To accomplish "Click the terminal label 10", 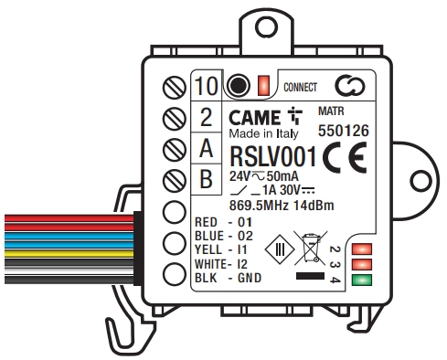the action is [x=207, y=86].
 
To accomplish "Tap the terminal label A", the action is [x=207, y=148].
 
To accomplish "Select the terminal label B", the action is [x=207, y=179].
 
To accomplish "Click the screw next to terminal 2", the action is [x=175, y=118].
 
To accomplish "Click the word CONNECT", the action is [x=300, y=88].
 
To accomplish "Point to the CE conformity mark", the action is [x=345, y=157].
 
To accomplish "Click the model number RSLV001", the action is [x=273, y=157].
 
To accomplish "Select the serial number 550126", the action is [x=344, y=131].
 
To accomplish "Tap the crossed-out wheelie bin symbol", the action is [x=311, y=248].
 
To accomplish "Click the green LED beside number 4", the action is [x=362, y=280].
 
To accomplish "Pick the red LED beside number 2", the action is [x=362, y=249].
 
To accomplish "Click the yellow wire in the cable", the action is [x=69, y=254].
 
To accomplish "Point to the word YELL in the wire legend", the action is [x=208, y=249].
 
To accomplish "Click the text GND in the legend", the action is [x=250, y=278].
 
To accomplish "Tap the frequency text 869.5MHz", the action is [x=259, y=206].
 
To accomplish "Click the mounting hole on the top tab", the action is [x=266, y=26].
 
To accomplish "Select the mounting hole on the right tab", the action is [x=420, y=181].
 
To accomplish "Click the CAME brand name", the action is [x=254, y=118].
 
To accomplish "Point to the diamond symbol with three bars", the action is [x=280, y=249].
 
